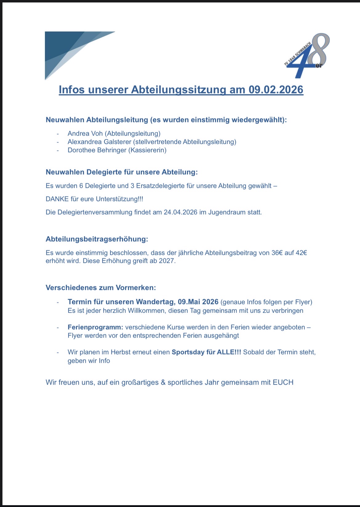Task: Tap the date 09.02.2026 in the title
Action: (x=276, y=89)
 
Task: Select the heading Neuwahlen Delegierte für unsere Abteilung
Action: (x=122, y=172)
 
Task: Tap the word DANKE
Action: (x=57, y=199)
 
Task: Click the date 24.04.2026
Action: (x=180, y=212)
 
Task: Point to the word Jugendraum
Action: (x=227, y=212)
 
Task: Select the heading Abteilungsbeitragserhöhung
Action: (x=97, y=239)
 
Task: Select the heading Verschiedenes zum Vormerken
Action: (x=101, y=288)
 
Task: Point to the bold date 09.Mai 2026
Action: (x=198, y=302)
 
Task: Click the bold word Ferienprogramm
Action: (x=95, y=327)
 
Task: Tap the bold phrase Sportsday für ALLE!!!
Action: (x=206, y=352)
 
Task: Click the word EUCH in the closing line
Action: (x=283, y=382)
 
